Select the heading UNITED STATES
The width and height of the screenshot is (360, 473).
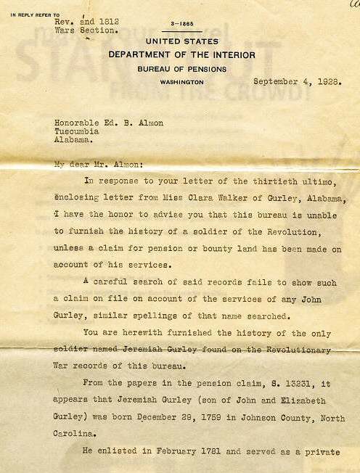pos(179,44)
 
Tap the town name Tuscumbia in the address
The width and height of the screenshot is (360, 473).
pos(78,133)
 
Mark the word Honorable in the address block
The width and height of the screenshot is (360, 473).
pos(80,123)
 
